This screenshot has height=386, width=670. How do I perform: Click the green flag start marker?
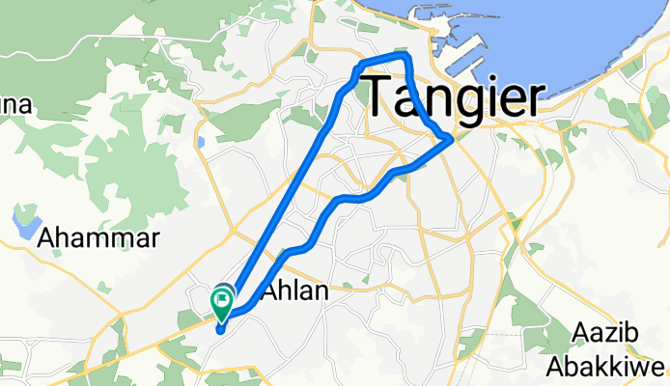pos(222,304)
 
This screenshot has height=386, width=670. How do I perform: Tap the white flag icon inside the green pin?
pos(222,301)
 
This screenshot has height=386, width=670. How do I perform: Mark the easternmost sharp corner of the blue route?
pos(452,141)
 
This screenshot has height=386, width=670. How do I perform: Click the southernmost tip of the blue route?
pos(220,331)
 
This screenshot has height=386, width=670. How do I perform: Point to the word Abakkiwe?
pos(606,368)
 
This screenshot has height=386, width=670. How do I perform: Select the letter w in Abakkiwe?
pos(639,368)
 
